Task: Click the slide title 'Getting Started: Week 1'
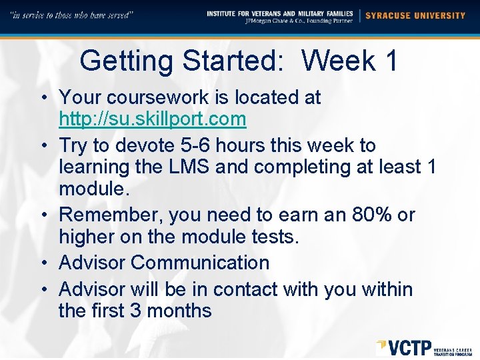tap(239, 61)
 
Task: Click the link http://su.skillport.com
tap(153, 119)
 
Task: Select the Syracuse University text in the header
tap(416, 15)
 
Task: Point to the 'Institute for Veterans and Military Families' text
tap(280, 13)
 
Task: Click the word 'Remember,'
tap(111, 215)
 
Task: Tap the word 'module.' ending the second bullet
tap(92, 189)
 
